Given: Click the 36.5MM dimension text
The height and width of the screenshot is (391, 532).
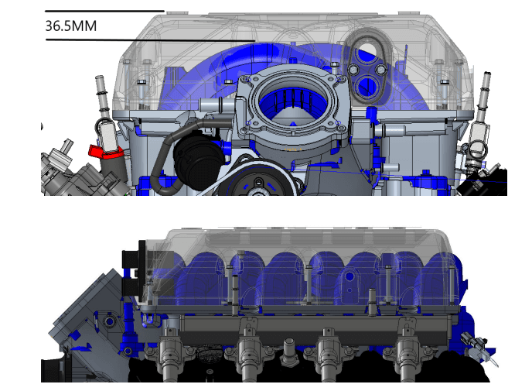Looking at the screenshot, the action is pyautogui.click(x=71, y=26).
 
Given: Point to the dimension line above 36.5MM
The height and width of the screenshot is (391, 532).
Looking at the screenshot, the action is pyautogui.click(x=104, y=11).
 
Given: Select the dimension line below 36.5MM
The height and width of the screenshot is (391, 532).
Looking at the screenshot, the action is pyautogui.click(x=150, y=40).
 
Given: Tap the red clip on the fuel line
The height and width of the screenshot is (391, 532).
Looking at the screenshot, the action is pyautogui.click(x=105, y=152).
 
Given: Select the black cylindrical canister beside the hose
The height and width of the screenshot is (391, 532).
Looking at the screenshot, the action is pyautogui.click(x=199, y=159).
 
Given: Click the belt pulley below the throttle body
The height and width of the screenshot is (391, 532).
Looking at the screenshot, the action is pyautogui.click(x=258, y=180).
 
